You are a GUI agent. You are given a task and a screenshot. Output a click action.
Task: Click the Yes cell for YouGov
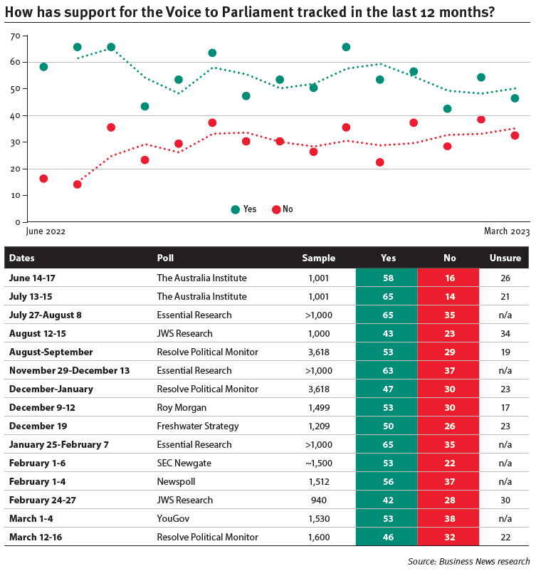coord(388,518)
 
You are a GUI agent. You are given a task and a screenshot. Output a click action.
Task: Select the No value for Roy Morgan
coord(449,407)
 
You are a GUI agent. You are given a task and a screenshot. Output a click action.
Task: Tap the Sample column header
coord(319,258)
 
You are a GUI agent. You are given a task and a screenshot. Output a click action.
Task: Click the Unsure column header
coord(505,258)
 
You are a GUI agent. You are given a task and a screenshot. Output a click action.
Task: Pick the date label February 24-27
coord(43,500)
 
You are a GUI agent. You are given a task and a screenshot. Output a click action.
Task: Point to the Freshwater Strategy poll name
coord(198,426)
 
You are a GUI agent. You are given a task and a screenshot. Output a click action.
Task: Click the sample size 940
coord(319,500)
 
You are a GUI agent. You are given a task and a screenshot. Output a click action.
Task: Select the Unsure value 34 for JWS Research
coord(505,334)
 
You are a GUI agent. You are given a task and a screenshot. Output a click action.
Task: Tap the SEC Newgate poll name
coord(184,463)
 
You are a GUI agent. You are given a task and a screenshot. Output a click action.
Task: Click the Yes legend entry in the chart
coord(244,209)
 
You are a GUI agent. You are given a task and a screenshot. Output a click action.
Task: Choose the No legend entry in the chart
coord(283,209)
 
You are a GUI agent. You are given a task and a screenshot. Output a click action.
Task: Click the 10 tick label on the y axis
coord(15,196)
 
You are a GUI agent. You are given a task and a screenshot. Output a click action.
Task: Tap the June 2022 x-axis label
coord(46,231)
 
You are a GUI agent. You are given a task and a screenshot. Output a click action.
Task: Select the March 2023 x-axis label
coord(507,231)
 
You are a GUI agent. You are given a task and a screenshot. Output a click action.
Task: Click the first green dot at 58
coord(43,67)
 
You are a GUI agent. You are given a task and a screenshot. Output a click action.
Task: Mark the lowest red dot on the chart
coord(77,184)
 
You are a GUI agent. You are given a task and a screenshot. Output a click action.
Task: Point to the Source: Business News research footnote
coord(468,562)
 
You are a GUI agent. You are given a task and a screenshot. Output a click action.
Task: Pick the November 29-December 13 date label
coord(70,370)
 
